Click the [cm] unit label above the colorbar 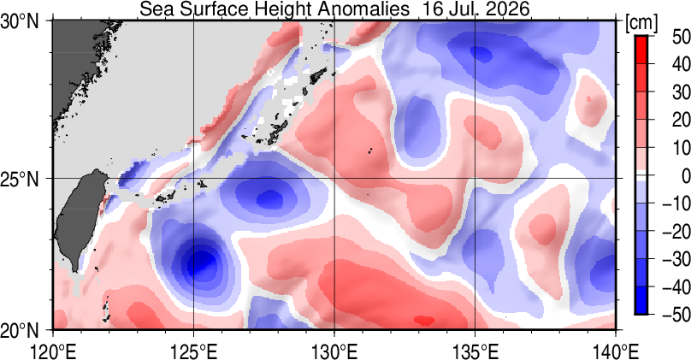(641, 22)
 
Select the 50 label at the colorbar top (681, 37)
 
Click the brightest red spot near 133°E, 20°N (424, 321)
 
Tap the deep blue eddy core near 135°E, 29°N (481, 54)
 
